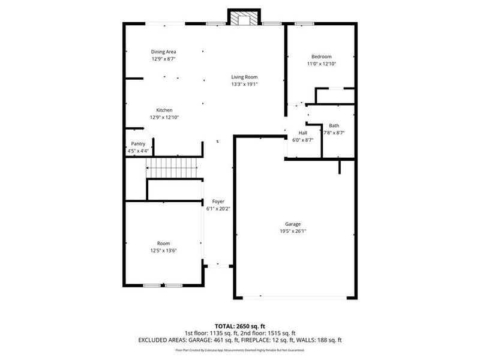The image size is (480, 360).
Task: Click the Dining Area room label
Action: tap(163, 52)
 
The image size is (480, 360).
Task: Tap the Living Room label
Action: tap(245, 77)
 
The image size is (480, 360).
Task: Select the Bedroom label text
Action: tap(321, 56)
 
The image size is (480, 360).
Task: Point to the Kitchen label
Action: tap(164, 110)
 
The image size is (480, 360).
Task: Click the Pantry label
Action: tap(138, 144)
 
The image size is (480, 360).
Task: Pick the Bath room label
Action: tap(334, 125)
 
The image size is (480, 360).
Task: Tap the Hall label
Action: tap(303, 133)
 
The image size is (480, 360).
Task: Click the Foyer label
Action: tap(218, 202)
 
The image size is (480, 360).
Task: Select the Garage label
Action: tap(293, 224)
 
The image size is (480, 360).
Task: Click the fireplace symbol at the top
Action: tap(244, 19)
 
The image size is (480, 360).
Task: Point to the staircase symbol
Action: tap(173, 167)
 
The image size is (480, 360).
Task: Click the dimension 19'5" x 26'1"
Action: tap(293, 231)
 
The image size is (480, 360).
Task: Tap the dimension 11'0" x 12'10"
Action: tap(321, 64)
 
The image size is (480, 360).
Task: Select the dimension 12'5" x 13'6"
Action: tap(163, 251)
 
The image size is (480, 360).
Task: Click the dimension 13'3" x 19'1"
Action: tap(245, 84)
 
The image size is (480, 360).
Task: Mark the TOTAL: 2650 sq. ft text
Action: tap(240, 326)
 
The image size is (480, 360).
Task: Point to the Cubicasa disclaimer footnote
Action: tap(240, 350)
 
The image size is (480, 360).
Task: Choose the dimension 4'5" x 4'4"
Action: tap(138, 151)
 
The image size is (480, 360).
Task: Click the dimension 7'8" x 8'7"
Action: tap(334, 133)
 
